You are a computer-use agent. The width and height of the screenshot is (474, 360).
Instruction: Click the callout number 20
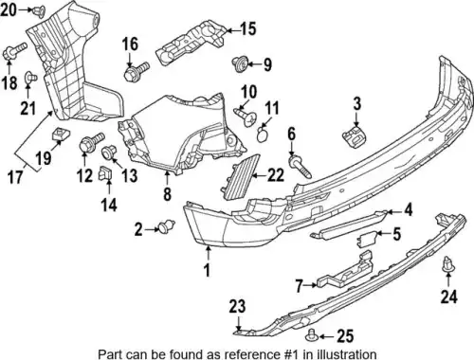[9, 9]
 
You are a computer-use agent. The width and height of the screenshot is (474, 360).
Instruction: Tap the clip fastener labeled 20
[39, 11]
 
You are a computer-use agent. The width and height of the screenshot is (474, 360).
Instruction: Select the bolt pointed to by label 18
[14, 52]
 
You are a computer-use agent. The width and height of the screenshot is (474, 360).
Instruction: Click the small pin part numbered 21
[30, 78]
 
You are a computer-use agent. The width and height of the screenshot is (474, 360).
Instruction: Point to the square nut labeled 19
[59, 135]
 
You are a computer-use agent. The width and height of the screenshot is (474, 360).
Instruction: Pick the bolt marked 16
[137, 71]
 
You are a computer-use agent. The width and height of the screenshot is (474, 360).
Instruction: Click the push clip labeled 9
[240, 63]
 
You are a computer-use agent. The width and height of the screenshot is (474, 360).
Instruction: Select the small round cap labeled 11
[262, 135]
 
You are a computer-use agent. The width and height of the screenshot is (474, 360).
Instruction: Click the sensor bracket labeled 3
[354, 136]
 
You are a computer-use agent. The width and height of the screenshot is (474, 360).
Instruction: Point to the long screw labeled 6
[300, 166]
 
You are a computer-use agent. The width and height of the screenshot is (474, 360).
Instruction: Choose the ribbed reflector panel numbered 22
[240, 177]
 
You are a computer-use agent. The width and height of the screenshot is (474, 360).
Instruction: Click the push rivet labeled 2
[167, 226]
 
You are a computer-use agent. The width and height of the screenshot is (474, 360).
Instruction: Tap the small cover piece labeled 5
[367, 239]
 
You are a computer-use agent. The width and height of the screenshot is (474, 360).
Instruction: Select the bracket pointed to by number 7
[346, 269]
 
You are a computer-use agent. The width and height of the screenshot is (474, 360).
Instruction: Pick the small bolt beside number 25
[312, 335]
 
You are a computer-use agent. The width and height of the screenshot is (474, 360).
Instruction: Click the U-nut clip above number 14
[105, 173]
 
